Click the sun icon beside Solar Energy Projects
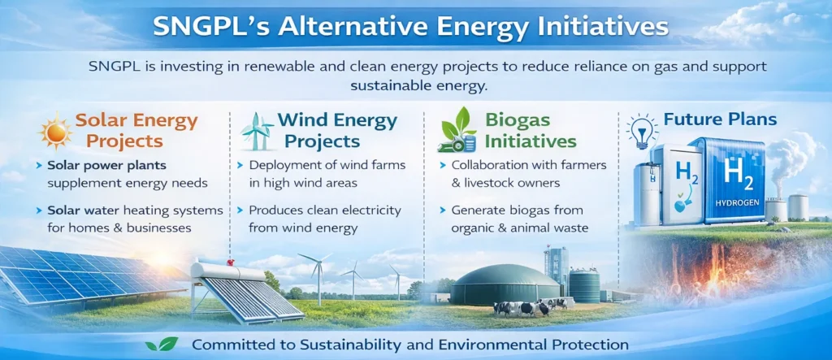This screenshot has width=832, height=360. coord(54,132)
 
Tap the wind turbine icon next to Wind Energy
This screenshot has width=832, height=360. coord(257,131)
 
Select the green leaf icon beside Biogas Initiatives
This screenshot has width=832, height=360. coord(457,130)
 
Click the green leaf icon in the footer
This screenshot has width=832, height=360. coord(162,345)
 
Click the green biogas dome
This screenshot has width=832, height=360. coord(505,284)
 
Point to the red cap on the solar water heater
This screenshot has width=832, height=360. coord(230,262)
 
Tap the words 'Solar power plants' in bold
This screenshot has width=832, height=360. coord(106,166)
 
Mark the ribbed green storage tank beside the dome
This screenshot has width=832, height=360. coord(584,284)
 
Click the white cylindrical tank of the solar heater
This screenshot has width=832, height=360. coord(228,272)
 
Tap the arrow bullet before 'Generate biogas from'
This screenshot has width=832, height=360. coord(443,210)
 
